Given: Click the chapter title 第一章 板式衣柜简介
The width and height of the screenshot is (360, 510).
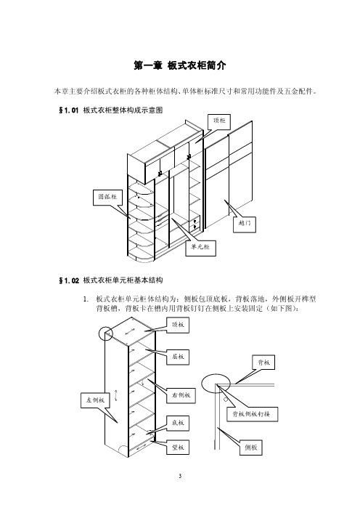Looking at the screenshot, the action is click(x=180, y=65).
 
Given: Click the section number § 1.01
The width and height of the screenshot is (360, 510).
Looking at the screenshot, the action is click(x=68, y=110).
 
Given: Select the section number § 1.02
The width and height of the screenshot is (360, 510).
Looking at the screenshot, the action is click(x=69, y=280).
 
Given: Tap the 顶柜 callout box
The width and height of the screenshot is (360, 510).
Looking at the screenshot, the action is click(x=219, y=121).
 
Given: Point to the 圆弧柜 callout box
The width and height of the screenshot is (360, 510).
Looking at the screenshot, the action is click(x=107, y=198).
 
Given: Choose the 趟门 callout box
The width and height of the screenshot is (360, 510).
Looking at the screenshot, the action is click(x=245, y=224).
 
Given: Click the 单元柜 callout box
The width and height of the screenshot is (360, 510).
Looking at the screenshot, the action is click(x=200, y=248).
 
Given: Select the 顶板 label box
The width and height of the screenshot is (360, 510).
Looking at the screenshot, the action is click(x=178, y=325).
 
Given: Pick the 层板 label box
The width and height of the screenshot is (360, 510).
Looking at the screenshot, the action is click(x=178, y=357).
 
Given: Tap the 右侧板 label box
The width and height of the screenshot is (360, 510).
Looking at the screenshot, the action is click(x=181, y=396).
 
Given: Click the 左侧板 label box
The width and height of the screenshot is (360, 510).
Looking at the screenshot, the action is click(x=95, y=400).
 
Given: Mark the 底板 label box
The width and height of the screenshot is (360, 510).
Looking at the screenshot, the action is click(x=178, y=423).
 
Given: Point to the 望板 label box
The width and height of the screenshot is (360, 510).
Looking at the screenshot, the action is click(x=178, y=448).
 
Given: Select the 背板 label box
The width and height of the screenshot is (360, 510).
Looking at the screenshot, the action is click(x=263, y=363).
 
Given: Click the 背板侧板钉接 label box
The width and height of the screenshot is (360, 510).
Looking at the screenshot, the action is click(x=252, y=414).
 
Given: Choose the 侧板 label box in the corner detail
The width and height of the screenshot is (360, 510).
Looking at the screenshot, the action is click(x=251, y=448).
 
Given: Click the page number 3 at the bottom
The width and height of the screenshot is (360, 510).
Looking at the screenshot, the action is click(x=180, y=476).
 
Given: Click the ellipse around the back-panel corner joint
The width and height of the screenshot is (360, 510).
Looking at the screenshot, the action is click(x=202, y=384).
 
